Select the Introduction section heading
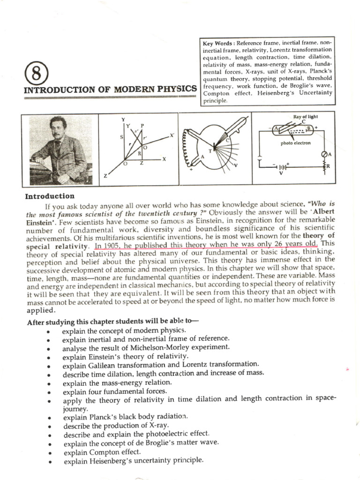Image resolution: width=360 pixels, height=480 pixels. pos(50,196)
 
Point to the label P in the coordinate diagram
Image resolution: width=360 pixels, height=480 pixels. pos(141,126)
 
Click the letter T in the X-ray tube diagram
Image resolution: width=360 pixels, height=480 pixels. pos(210,150)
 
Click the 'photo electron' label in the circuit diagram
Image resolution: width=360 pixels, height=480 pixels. pos(296,143)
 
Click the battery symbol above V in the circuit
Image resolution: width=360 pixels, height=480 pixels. pos(281,166)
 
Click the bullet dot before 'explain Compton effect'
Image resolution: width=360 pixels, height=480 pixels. pos(49,452)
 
